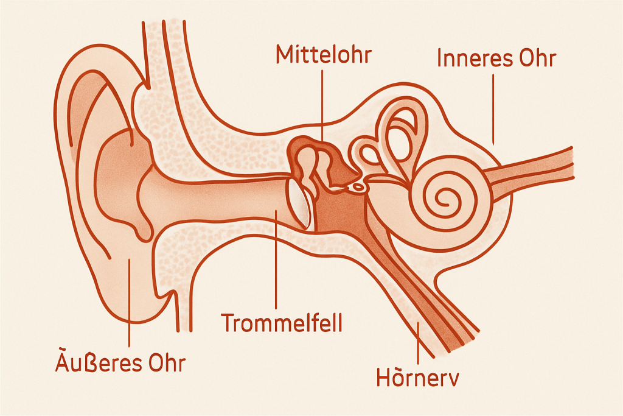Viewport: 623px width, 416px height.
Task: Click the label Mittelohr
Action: click(x=323, y=54)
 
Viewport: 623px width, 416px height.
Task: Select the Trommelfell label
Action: click(x=282, y=322)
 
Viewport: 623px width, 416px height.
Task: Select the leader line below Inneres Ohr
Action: click(x=494, y=107)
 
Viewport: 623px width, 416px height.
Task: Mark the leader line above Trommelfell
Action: click(x=277, y=262)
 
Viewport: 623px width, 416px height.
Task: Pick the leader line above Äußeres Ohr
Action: click(x=130, y=305)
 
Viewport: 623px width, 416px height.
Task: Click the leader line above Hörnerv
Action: click(x=417, y=341)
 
